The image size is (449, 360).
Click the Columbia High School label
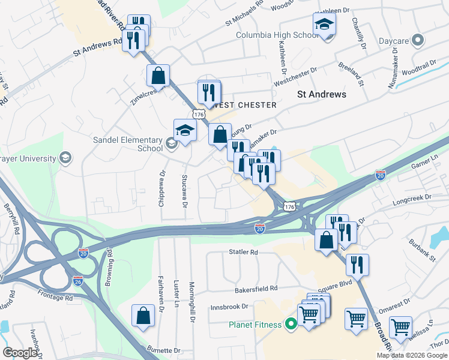[277, 35]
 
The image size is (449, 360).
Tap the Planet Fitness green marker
[291, 325]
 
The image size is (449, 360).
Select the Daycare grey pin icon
[418, 41]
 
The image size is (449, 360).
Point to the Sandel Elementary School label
[127, 144]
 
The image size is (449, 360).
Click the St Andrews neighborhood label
[322, 94]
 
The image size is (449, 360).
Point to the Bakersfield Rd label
[256, 289]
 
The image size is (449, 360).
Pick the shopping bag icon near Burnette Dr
[144, 316]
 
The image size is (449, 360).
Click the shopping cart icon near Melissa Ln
[400, 328]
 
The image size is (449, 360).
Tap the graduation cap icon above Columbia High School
[324, 25]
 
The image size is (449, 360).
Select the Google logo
[20, 353]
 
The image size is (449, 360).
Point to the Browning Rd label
[109, 268]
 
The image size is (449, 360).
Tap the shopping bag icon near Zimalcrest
[158, 76]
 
